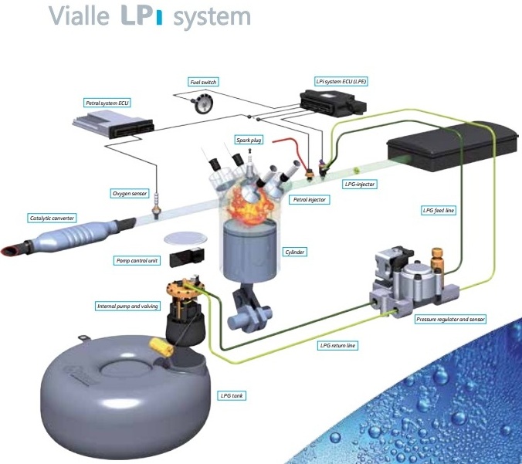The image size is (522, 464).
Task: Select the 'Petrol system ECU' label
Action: coord(108,101)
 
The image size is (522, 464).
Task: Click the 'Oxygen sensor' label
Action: coord(129,193)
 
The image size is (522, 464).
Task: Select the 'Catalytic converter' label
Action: coord(53,218)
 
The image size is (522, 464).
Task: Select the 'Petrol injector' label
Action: coord(308,199)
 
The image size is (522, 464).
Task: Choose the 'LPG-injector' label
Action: coord(359,185)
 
